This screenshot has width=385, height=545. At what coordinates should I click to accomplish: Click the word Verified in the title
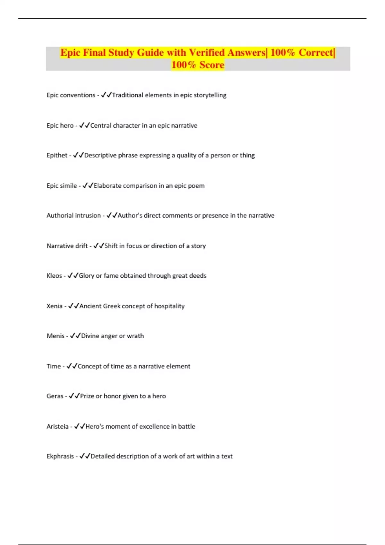pos(207,53)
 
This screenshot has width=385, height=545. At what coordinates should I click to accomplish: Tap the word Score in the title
pos(212,65)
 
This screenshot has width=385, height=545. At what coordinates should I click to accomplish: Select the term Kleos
pos(54,276)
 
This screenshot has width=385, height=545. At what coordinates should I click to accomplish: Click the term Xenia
pos(55,306)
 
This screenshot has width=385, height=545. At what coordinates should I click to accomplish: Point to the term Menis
pos(56,336)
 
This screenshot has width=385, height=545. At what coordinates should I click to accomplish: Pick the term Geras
pos(55,396)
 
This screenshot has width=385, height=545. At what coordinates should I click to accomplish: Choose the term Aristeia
pos(57,427)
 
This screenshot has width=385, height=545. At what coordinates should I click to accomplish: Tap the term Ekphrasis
pos(60,456)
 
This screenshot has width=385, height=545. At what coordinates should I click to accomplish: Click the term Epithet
pos(57,155)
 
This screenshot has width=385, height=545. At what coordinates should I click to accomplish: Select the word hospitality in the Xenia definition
pos(169,306)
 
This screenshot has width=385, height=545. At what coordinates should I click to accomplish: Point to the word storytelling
pos(210,95)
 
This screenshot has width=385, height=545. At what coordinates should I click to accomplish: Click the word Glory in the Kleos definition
pos(86,276)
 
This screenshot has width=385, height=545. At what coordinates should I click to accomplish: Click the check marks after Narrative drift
pos(98,246)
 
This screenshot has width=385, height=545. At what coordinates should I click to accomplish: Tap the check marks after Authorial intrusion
pos(112,216)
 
